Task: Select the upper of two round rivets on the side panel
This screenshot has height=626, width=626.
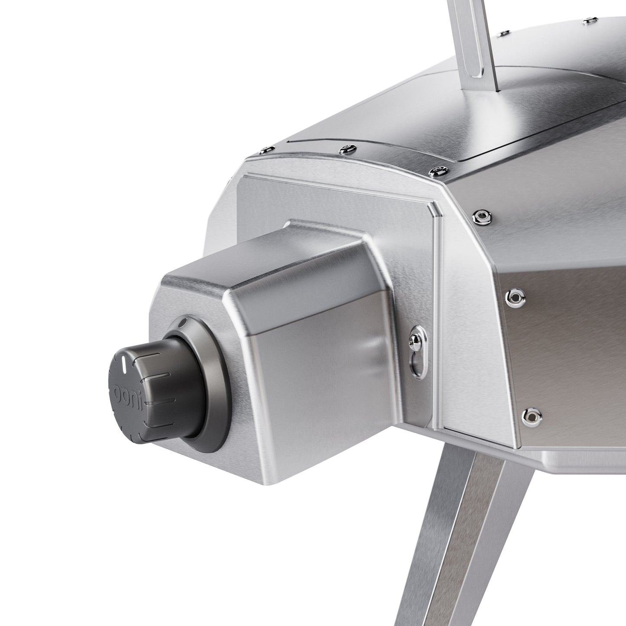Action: click(514, 297)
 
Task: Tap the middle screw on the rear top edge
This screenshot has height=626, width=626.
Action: click(346, 149)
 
